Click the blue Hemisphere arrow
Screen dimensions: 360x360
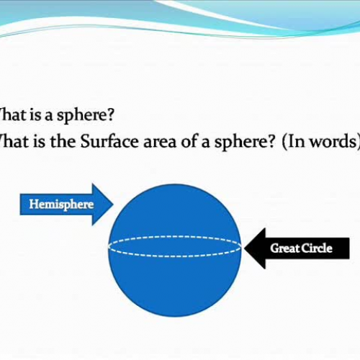pos(65,204)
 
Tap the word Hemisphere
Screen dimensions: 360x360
pos(61,204)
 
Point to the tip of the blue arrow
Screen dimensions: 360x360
pos(114,204)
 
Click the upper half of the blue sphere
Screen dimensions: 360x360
pos(174,209)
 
